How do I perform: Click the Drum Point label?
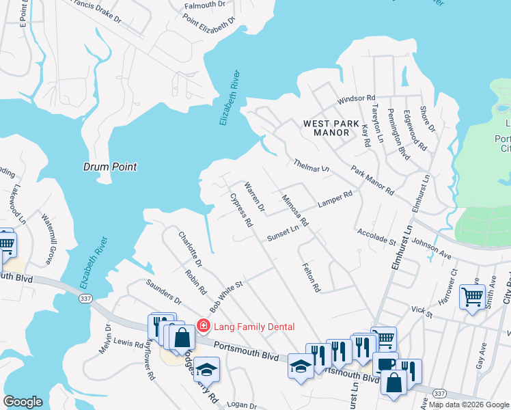(110, 167)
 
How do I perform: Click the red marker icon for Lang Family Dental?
(203, 325)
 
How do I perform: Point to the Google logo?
(23, 401)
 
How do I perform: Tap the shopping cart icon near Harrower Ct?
(472, 297)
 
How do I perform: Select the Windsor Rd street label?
(357, 99)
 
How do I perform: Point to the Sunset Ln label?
(283, 231)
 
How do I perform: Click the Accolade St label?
(376, 237)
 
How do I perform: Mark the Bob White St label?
(227, 297)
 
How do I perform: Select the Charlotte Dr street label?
(190, 249)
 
